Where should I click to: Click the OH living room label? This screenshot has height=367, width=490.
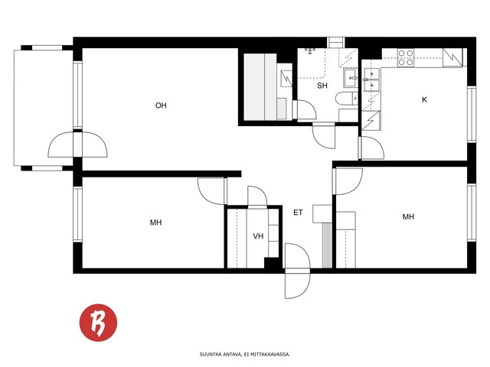coord(161,106)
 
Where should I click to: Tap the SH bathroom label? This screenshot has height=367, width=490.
coord(322,86)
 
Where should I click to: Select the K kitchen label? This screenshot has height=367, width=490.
coord(424,99)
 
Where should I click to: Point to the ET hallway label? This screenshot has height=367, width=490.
coord(298,213)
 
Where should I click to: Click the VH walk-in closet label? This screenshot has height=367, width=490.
coord(258,236)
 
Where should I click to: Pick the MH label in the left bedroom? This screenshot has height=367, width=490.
coord(156,222)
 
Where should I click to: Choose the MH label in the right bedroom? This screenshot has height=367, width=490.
coord(408,216)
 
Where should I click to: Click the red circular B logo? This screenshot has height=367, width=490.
coord(99,323)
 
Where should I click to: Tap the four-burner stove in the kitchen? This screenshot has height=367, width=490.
coord(406,58)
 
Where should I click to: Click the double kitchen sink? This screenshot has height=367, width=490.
coord(371,80)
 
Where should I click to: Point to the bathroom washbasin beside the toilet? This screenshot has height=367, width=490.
coord(351,78)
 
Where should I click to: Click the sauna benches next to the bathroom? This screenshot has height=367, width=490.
coord(260,87)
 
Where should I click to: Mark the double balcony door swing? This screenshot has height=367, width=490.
coord(78,145)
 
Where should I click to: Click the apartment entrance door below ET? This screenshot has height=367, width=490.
coord(298,271)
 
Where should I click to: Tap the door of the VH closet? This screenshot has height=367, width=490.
coord(257,196)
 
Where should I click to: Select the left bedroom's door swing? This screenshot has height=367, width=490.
coord(211,190)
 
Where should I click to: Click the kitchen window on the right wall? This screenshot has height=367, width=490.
coord(472,114)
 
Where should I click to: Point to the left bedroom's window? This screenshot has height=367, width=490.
coord(77,214)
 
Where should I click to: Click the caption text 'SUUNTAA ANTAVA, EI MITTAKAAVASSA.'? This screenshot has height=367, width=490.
coord(245,355)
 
